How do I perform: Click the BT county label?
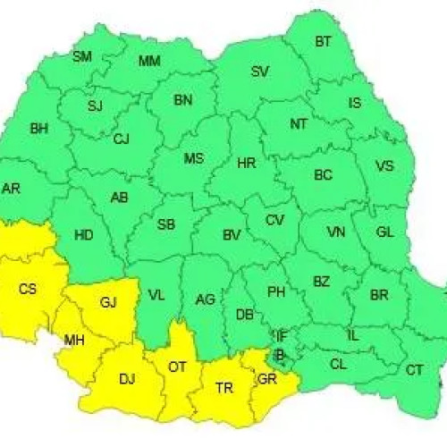click(323, 41)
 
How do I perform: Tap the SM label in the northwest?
click(82, 56)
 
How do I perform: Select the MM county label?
click(149, 62)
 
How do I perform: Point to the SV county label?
click(260, 72)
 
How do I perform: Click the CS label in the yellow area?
click(28, 289)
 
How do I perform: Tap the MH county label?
click(73, 341)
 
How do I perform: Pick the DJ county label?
click(127, 378)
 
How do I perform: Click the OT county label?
click(178, 366)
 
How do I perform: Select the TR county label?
click(225, 388)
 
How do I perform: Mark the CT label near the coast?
click(415, 370)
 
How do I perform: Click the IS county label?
click(355, 103)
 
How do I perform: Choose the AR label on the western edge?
click(11, 189)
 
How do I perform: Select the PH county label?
click(276, 291)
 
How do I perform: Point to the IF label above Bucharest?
click(281, 336)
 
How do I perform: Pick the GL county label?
click(384, 232)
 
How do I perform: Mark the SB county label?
click(165, 224)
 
